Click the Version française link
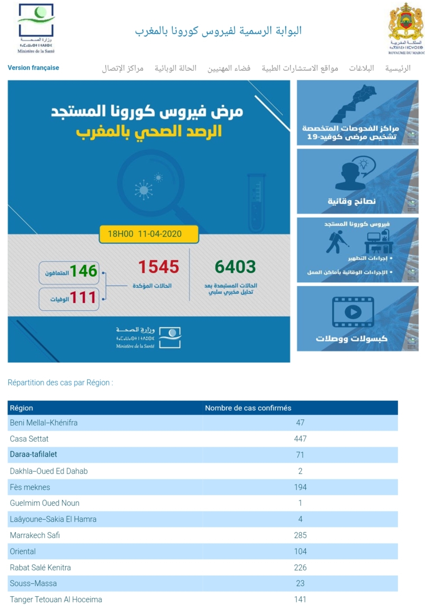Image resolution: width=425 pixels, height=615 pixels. click(x=33, y=68)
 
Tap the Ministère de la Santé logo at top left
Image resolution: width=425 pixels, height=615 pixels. click(x=36, y=28)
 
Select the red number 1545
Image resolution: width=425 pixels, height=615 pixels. click(x=158, y=267)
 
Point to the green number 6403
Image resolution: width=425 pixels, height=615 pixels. click(x=235, y=267)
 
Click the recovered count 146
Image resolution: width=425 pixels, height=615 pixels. click(x=83, y=271)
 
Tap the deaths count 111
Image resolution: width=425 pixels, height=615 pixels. click(x=83, y=298)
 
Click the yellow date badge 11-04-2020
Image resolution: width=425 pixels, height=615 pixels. click(x=148, y=234)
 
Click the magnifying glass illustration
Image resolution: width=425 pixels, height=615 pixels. click(x=152, y=185)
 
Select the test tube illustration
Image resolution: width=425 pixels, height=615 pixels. click(x=256, y=203)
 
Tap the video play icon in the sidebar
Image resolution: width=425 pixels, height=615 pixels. click(x=353, y=312)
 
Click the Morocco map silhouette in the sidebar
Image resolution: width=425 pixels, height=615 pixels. click(x=353, y=103)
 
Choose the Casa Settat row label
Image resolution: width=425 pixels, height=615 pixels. click(x=29, y=439)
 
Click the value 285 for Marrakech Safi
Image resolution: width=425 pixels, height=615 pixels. click(x=300, y=535)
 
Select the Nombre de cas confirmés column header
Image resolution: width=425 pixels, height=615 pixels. click(x=248, y=408)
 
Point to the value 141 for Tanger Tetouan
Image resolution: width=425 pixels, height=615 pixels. click(x=300, y=599)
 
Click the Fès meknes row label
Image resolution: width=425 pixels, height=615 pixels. click(x=30, y=487)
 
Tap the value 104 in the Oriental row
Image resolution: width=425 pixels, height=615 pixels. click(x=300, y=551)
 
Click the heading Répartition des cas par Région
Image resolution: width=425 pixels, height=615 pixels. click(x=60, y=383)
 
